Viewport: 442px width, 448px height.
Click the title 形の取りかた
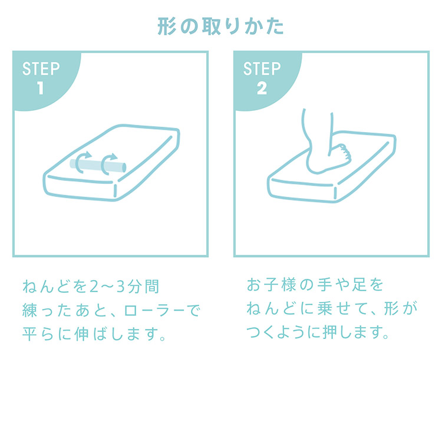(220, 27)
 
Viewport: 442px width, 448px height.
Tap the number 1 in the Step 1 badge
(41, 88)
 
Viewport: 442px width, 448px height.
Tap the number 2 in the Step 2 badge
(262, 88)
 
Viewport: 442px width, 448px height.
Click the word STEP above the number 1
(41, 68)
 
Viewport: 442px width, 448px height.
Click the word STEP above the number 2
(262, 68)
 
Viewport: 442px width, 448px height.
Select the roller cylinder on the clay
(98, 166)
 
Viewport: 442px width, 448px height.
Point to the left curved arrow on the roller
(83, 162)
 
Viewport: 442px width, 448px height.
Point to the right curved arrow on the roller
(108, 164)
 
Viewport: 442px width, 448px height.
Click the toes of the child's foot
(344, 154)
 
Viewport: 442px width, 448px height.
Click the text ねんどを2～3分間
(91, 286)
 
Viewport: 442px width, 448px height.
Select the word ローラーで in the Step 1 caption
(162, 311)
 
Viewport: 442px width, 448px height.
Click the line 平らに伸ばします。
(94, 334)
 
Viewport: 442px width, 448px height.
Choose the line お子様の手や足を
(315, 285)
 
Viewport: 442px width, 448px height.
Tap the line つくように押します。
(318, 332)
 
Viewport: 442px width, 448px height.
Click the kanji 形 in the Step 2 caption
(391, 308)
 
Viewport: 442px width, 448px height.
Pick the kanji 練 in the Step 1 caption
(29, 311)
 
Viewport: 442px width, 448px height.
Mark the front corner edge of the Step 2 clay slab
(335, 193)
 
